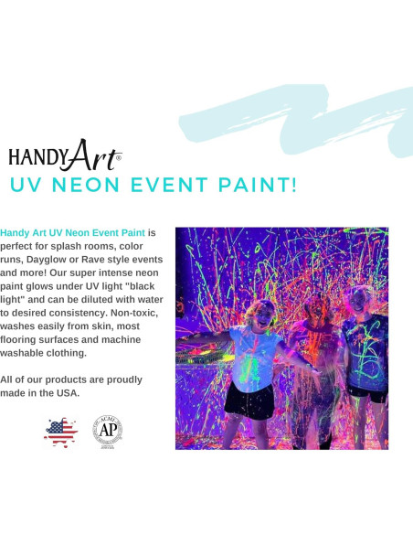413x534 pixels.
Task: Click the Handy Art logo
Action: (65, 155)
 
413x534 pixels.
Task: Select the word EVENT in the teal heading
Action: (169, 185)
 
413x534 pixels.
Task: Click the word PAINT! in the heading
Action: (258, 185)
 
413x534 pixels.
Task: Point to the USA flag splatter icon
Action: (60, 433)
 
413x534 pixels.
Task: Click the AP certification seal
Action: (108, 432)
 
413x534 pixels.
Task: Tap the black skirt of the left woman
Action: (249, 401)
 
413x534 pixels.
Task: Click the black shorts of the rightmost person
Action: (366, 394)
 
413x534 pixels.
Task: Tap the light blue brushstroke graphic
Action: (296, 120)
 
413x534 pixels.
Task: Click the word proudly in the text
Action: (124, 379)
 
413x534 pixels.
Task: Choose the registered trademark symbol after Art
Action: (119, 157)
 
